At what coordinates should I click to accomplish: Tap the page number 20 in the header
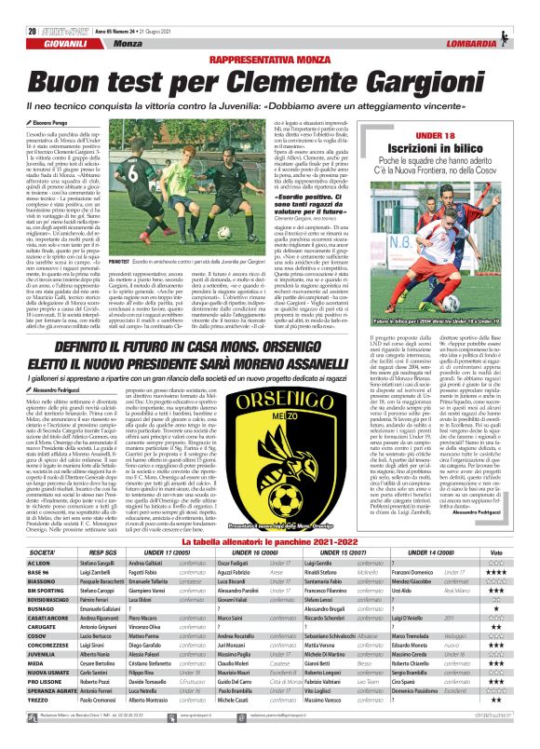pos(19,10)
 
